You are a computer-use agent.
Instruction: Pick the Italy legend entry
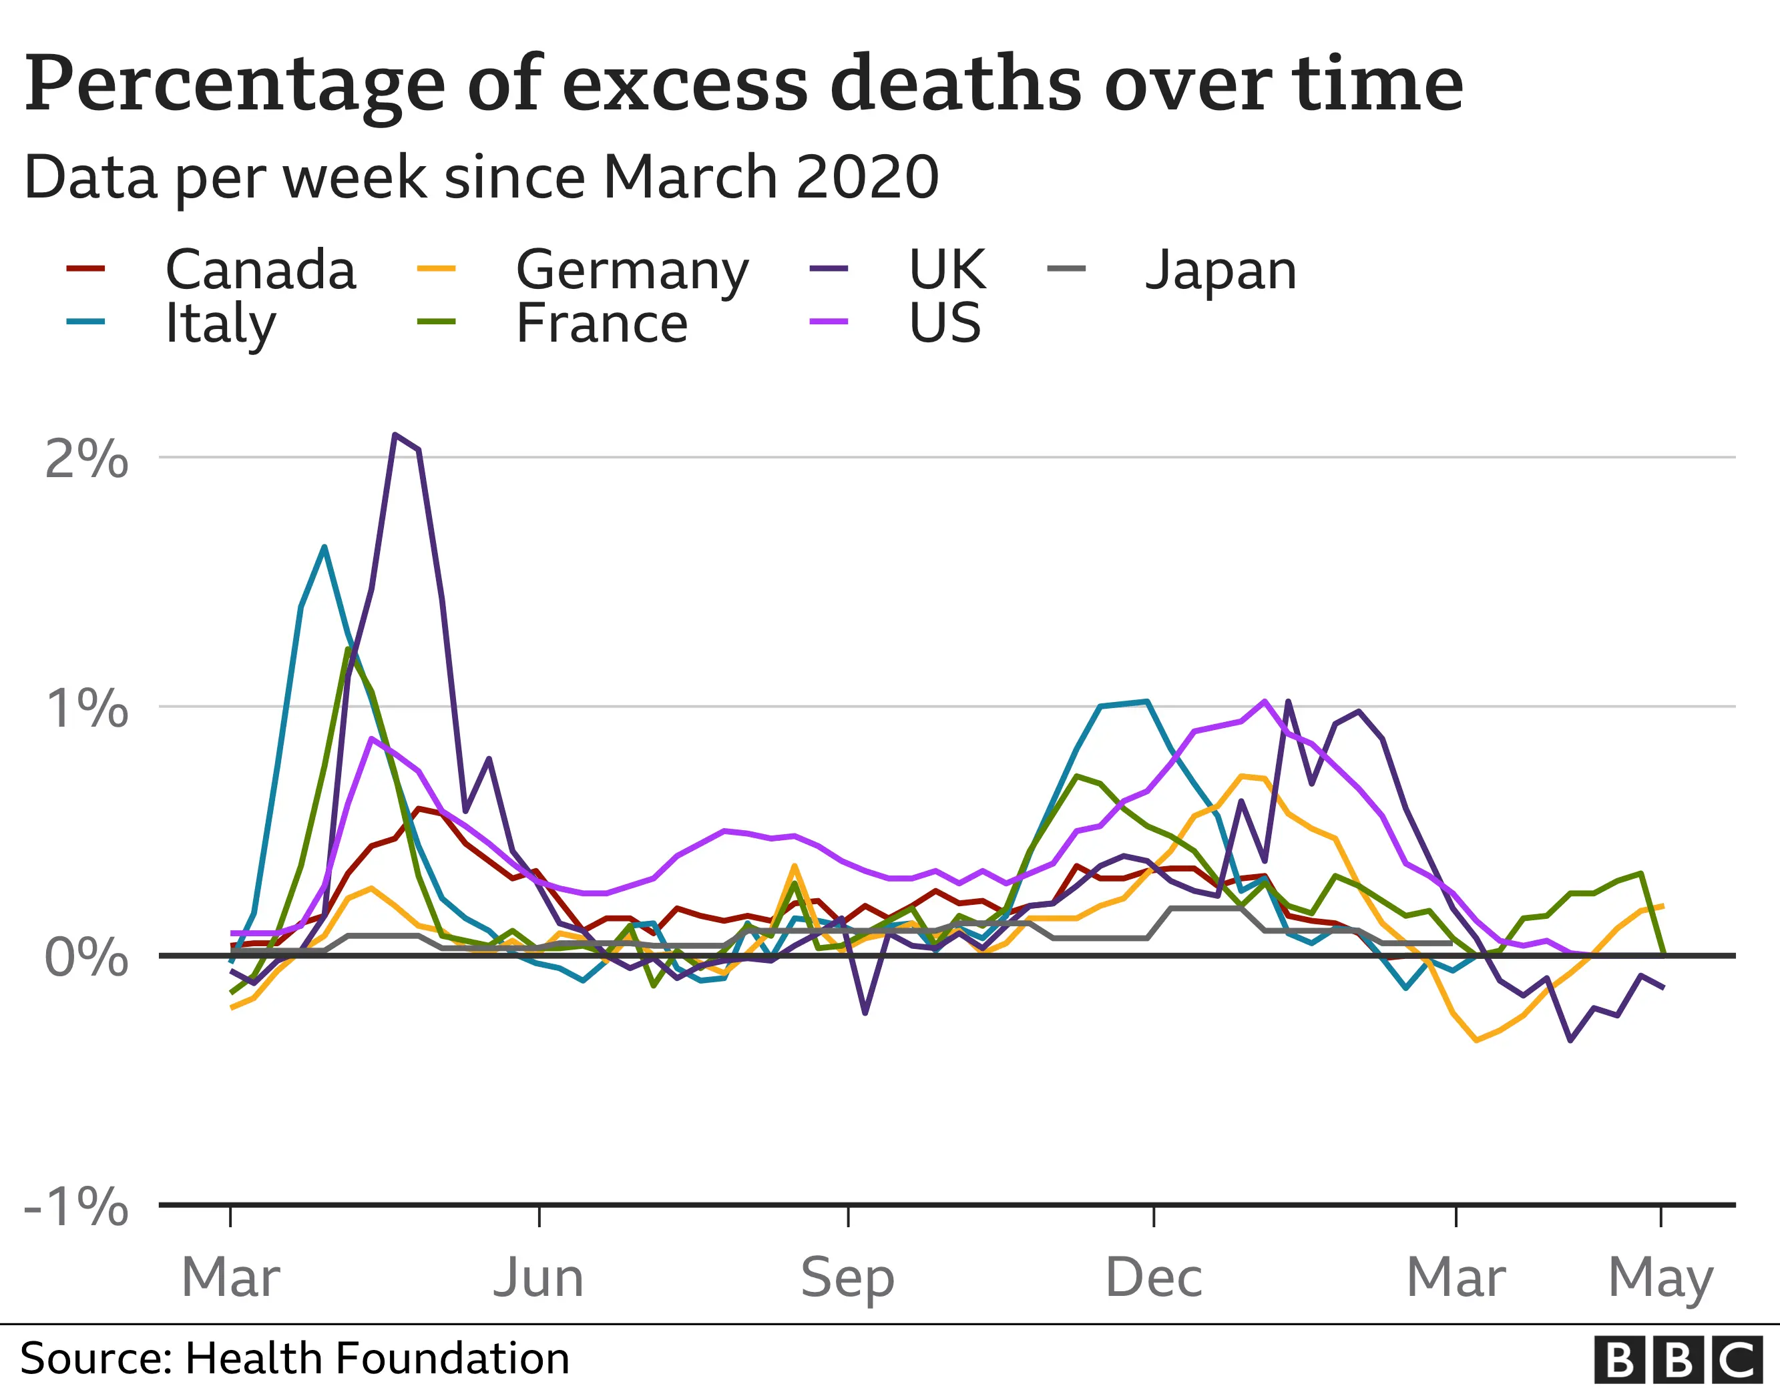[220, 324]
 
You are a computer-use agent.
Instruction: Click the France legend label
[602, 324]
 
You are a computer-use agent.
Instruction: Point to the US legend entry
[945, 324]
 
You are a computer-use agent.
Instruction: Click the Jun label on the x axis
[539, 1278]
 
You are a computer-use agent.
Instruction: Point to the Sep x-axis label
[848, 1278]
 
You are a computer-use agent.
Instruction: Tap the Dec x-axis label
[1153, 1278]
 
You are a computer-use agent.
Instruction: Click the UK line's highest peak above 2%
[395, 435]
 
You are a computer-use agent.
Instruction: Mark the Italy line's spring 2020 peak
[324, 548]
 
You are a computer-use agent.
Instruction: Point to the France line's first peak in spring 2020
[348, 649]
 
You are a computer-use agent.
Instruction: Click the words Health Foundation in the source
[377, 1358]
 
